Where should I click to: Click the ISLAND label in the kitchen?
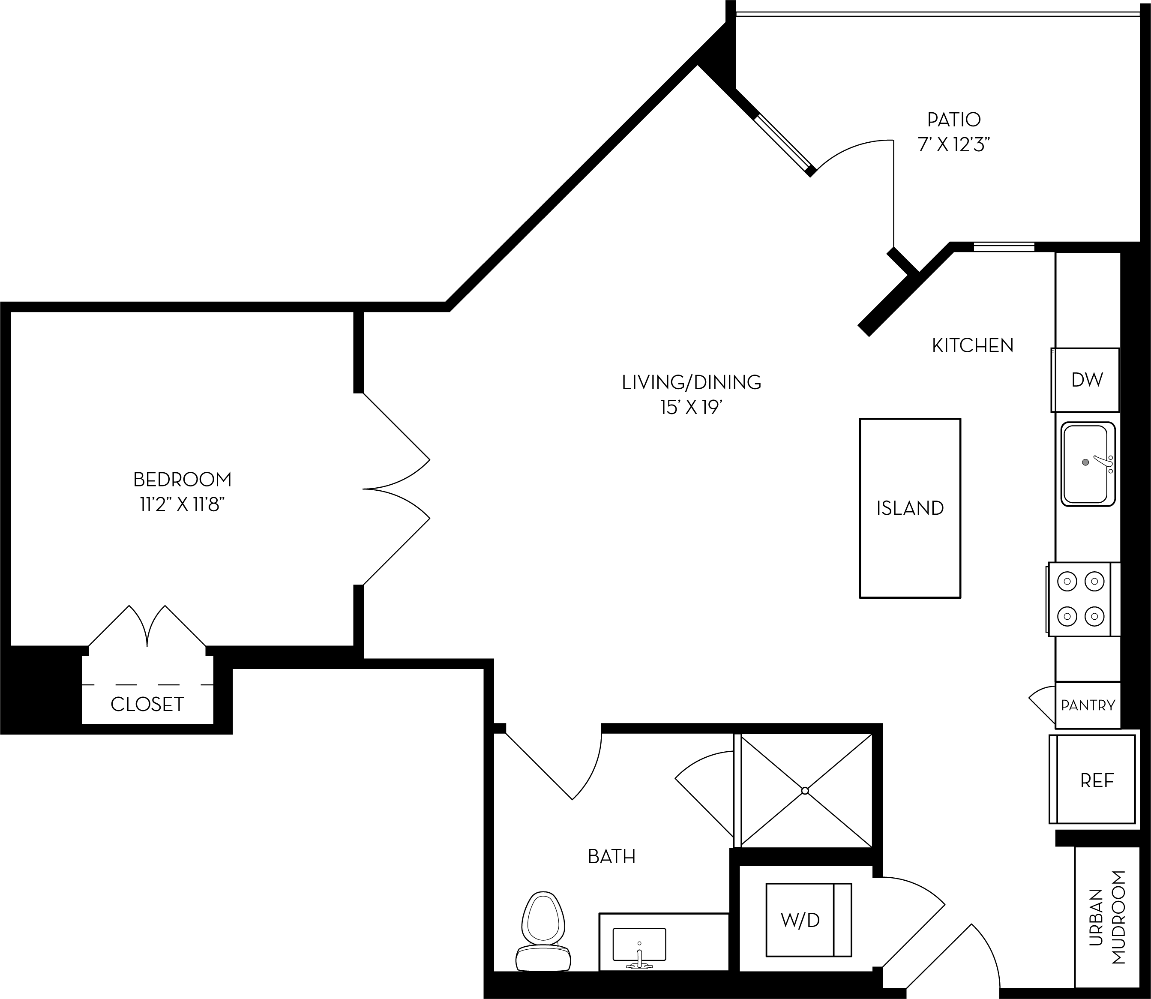910,508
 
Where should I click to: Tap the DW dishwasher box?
1086,380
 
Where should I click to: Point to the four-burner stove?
1080,599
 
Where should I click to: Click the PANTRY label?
1088,705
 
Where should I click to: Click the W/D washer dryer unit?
800,920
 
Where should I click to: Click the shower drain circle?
805,791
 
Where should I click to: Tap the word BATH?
611,856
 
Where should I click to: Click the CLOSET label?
147,704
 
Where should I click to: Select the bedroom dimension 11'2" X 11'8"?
182,505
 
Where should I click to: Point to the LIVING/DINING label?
691,382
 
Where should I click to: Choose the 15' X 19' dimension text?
691,408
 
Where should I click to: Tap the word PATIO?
954,119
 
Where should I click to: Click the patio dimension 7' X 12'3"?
954,145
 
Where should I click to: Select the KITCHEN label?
973,345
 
